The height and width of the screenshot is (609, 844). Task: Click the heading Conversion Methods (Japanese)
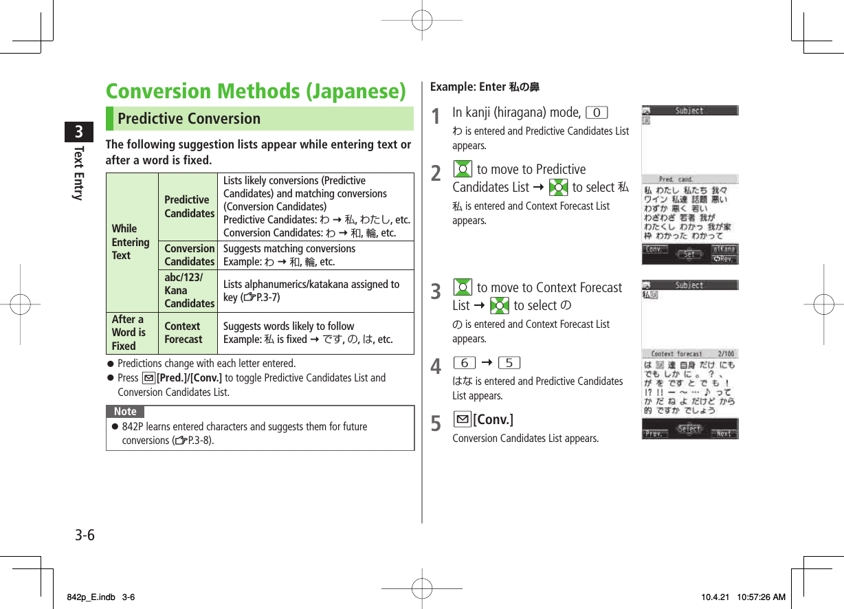[256, 91]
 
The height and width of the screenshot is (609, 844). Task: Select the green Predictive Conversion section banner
[259, 118]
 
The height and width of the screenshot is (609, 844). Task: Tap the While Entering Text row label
[131, 242]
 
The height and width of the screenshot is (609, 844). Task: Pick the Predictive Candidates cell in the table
[189, 206]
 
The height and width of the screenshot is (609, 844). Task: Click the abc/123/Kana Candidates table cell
[189, 291]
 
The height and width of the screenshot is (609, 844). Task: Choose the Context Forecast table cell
[184, 333]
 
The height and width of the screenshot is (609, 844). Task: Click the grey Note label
[125, 412]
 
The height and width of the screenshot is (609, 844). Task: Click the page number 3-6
[85, 535]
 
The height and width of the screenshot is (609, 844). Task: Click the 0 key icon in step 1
[597, 113]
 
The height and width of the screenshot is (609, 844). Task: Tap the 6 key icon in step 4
[465, 362]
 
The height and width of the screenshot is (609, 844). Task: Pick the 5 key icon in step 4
[509, 362]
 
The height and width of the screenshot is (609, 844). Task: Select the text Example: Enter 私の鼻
[485, 87]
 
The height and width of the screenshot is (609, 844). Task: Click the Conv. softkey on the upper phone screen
[654, 250]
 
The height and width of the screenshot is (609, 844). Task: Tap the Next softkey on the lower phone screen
[724, 433]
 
